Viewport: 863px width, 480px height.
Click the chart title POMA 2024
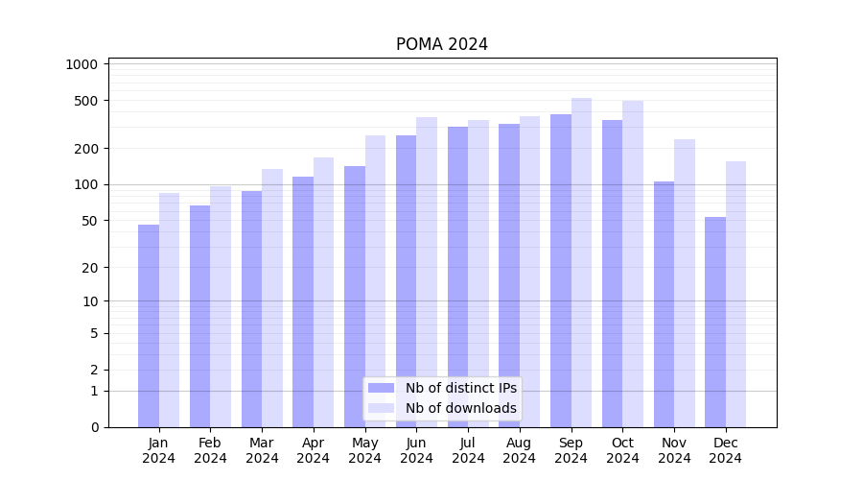coord(442,45)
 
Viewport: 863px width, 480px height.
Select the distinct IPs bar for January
coord(149,326)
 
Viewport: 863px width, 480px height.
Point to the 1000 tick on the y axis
coord(82,64)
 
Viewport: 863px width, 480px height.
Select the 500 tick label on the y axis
coord(86,101)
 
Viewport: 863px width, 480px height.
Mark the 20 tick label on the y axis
coord(90,268)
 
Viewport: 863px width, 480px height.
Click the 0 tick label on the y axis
coord(94,427)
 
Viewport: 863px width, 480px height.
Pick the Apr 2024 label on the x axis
coord(314,450)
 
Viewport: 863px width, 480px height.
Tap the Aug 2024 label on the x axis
coord(520,450)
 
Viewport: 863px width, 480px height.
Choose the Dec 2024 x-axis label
coord(726,450)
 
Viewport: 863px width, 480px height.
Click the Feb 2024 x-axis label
coord(210,450)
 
